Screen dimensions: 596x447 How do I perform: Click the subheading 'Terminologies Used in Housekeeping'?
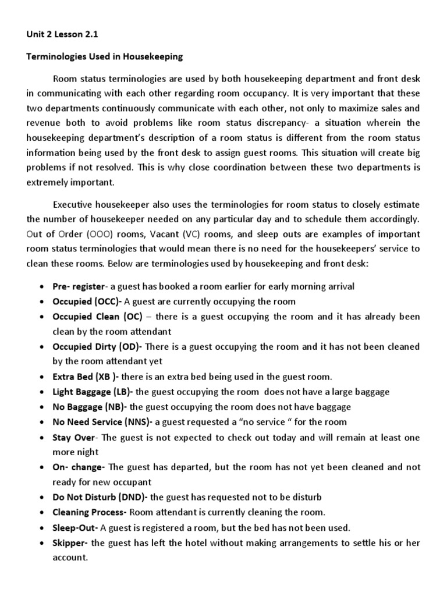pos(105,56)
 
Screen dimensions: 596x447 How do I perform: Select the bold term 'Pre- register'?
pos(79,286)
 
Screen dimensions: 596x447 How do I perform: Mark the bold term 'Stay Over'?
pos(73,437)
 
